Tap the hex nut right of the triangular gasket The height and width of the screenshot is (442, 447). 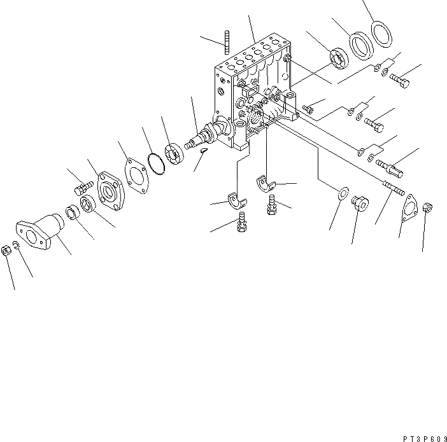pos(429,207)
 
